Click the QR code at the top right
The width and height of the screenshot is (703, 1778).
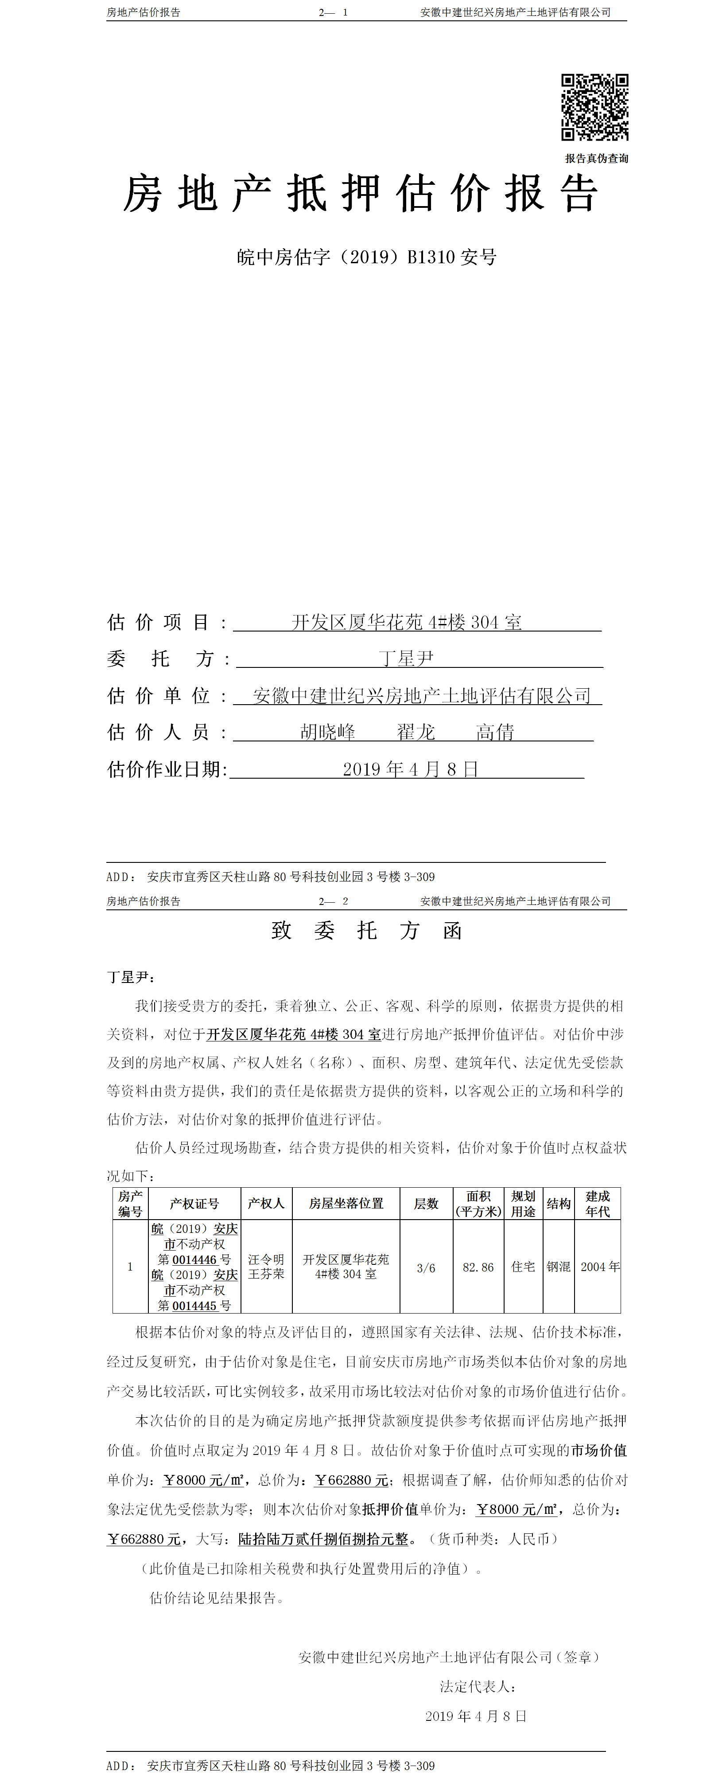(594, 108)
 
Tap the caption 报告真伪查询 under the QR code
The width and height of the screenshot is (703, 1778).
(596, 159)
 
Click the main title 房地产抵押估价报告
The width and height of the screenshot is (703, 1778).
(360, 193)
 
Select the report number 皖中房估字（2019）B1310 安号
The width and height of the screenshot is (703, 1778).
(366, 257)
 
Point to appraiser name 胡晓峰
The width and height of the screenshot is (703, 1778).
(328, 732)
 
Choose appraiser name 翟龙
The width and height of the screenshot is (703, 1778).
(416, 732)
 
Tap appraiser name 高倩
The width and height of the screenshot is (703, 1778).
(495, 732)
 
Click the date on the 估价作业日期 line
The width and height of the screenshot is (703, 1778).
(411, 769)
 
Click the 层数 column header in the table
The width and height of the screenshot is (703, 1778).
(426, 1204)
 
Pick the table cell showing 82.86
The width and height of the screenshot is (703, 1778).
(478, 1267)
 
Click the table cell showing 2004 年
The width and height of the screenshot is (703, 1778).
(599, 1267)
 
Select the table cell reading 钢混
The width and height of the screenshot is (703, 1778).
(558, 1267)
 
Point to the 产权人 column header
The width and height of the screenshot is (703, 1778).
(266, 1203)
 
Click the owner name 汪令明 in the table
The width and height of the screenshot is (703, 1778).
(266, 1259)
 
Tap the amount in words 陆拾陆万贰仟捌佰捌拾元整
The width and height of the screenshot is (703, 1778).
(323, 1539)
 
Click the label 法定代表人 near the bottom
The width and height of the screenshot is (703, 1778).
(478, 1686)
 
